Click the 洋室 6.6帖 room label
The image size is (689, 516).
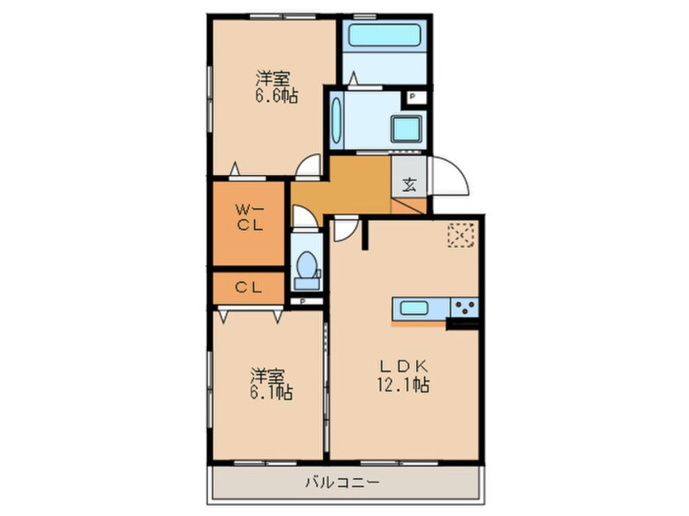pyautogui.click(x=276, y=87)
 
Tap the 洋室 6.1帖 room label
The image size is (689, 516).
pyautogui.click(x=271, y=384)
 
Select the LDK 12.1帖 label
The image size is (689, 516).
pyautogui.click(x=403, y=376)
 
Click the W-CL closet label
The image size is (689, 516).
pyautogui.click(x=250, y=217)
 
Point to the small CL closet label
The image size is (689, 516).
pyautogui.click(x=248, y=287)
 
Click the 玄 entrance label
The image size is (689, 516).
pyautogui.click(x=409, y=186)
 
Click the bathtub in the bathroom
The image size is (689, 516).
pyautogui.click(x=384, y=35)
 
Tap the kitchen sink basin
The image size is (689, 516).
pyautogui.click(x=415, y=308)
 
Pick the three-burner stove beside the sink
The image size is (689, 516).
pyautogui.click(x=464, y=308)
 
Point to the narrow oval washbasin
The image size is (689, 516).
pyautogui.click(x=336, y=120)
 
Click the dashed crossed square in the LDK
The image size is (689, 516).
pyautogui.click(x=462, y=235)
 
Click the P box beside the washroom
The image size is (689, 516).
pyautogui.click(x=412, y=96)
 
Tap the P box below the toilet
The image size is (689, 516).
pyautogui.click(x=303, y=301)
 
